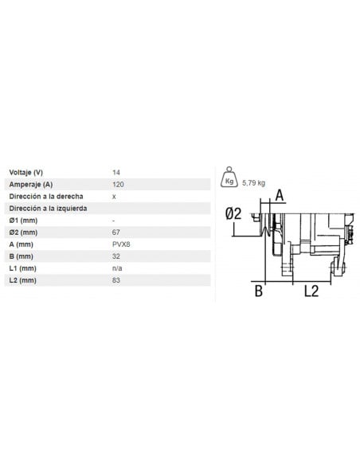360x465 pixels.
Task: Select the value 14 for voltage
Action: pos(117,171)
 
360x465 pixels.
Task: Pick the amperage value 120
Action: pos(119,183)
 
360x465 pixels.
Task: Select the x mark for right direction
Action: pos(115,195)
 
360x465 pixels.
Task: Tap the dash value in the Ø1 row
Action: pos(115,220)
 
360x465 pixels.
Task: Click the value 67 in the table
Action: pos(117,232)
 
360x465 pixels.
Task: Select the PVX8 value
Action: pos(121,244)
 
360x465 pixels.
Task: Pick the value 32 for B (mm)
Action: pos(117,256)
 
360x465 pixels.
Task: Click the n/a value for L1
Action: pos(118,269)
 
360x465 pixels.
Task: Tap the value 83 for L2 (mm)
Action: pos(117,281)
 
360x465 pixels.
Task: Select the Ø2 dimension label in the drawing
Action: pos(233,213)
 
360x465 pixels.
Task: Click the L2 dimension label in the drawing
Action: pos(312,291)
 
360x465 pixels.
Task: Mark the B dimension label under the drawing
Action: pos(258,291)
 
